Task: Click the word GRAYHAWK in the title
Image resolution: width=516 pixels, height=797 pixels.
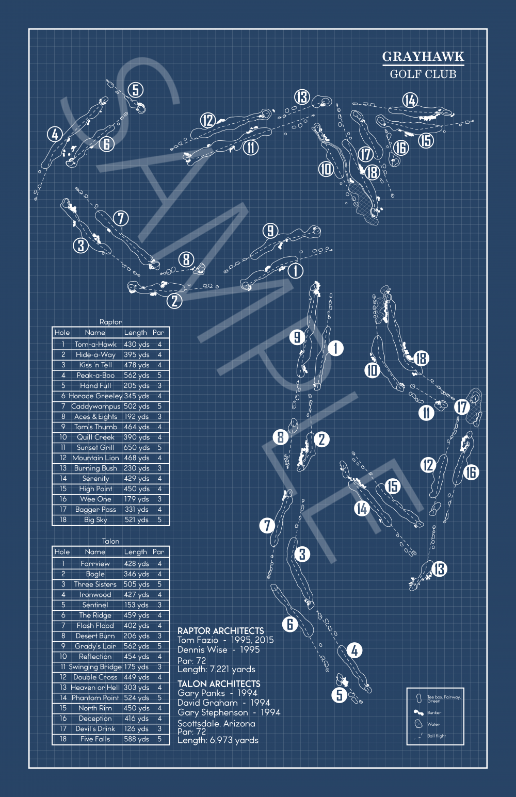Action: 423,57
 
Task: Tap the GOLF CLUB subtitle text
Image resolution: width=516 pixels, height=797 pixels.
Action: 423,74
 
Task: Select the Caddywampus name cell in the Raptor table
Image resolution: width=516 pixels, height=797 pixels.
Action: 95,406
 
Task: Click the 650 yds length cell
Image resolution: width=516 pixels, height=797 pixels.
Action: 137,448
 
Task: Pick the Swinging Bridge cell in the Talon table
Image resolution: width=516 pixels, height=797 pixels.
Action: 95,667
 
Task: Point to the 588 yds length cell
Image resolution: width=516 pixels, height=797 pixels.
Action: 137,739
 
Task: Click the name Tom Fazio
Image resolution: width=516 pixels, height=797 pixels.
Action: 198,640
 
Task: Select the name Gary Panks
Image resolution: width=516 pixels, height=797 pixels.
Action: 201,693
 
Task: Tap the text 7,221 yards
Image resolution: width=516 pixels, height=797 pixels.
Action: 231,670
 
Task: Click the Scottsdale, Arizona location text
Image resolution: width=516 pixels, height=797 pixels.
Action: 216,724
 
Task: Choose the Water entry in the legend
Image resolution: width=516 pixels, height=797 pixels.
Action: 433,724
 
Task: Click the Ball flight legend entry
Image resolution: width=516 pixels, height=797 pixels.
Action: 436,736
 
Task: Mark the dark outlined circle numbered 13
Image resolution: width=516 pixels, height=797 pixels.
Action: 302,97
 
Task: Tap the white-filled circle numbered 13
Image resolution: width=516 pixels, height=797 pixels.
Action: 439,570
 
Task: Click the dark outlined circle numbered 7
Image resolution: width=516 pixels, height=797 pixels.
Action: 121,218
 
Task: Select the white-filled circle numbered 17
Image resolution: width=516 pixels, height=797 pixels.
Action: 461,407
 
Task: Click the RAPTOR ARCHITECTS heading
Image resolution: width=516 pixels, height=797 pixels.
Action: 220,631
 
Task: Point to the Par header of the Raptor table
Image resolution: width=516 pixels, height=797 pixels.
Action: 158,333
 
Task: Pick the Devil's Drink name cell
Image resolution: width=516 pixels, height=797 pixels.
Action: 95,729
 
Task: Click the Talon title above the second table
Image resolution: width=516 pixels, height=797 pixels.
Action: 110,541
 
